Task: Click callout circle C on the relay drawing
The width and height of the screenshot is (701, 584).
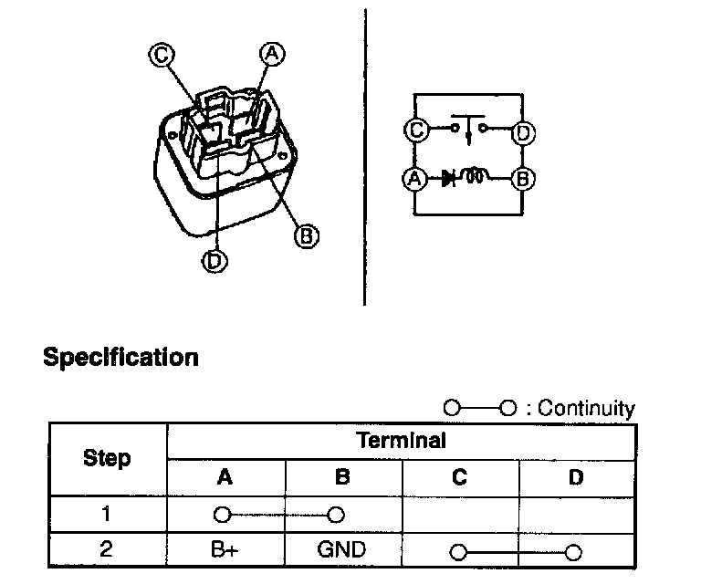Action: pos(160,56)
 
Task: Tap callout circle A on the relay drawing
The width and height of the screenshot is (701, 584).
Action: pos(271,54)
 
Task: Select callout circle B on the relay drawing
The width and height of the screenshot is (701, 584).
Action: pos(307,236)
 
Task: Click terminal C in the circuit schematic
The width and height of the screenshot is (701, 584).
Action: pos(416,131)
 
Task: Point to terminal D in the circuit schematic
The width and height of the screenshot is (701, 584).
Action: pos(522,132)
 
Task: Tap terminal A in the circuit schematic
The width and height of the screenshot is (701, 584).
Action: pos(415,179)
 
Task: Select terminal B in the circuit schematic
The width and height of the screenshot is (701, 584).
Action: pos(522,179)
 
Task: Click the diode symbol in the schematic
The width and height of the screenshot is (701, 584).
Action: pos(449,179)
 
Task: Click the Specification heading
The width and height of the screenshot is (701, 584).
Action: pos(120,357)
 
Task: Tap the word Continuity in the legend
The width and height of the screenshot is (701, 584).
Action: pos(586,409)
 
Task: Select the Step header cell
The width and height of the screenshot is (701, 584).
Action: pos(107,458)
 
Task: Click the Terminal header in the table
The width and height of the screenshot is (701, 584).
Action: pos(401,442)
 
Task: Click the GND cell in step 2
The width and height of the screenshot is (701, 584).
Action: pos(341,550)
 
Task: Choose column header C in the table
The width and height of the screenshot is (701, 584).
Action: pos(459,476)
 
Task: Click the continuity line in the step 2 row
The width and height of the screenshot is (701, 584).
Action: pos(517,551)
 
